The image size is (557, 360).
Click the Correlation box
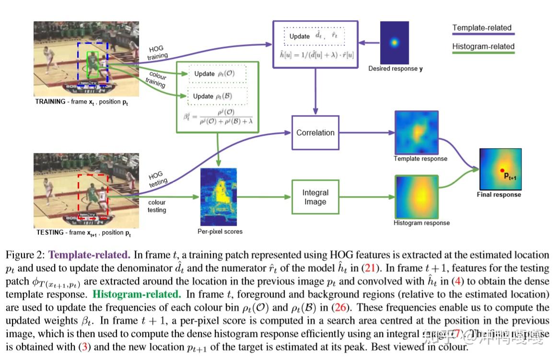(x=315, y=133)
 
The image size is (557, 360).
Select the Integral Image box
(x=315, y=197)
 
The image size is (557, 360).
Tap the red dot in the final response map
(x=502, y=171)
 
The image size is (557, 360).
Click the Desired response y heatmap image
(x=395, y=42)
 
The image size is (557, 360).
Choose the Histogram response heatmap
(x=416, y=197)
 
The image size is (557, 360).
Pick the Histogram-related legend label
(x=483, y=46)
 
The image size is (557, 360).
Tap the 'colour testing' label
(x=157, y=206)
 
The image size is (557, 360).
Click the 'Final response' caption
(x=499, y=195)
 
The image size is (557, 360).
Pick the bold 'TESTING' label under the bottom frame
(x=49, y=232)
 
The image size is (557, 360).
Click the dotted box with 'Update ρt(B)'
(x=217, y=96)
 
